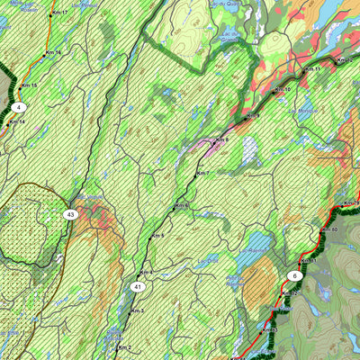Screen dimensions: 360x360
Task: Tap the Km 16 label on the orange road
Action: [53, 53]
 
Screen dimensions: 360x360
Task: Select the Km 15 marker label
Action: [30, 85]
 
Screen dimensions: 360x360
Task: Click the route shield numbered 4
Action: [18, 107]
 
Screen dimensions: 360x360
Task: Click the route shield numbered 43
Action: [70, 214]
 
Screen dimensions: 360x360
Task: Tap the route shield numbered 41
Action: [137, 287]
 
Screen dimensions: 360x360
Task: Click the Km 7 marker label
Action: [202, 173]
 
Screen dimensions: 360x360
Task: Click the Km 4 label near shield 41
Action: [146, 272]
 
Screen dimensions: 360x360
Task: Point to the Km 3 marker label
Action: [136, 310]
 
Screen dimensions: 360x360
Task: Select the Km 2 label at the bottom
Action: [123, 347]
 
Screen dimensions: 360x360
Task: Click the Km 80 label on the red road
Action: [328, 229]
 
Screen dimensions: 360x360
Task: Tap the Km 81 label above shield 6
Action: [309, 261]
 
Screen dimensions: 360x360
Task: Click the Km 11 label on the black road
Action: [312, 69]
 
